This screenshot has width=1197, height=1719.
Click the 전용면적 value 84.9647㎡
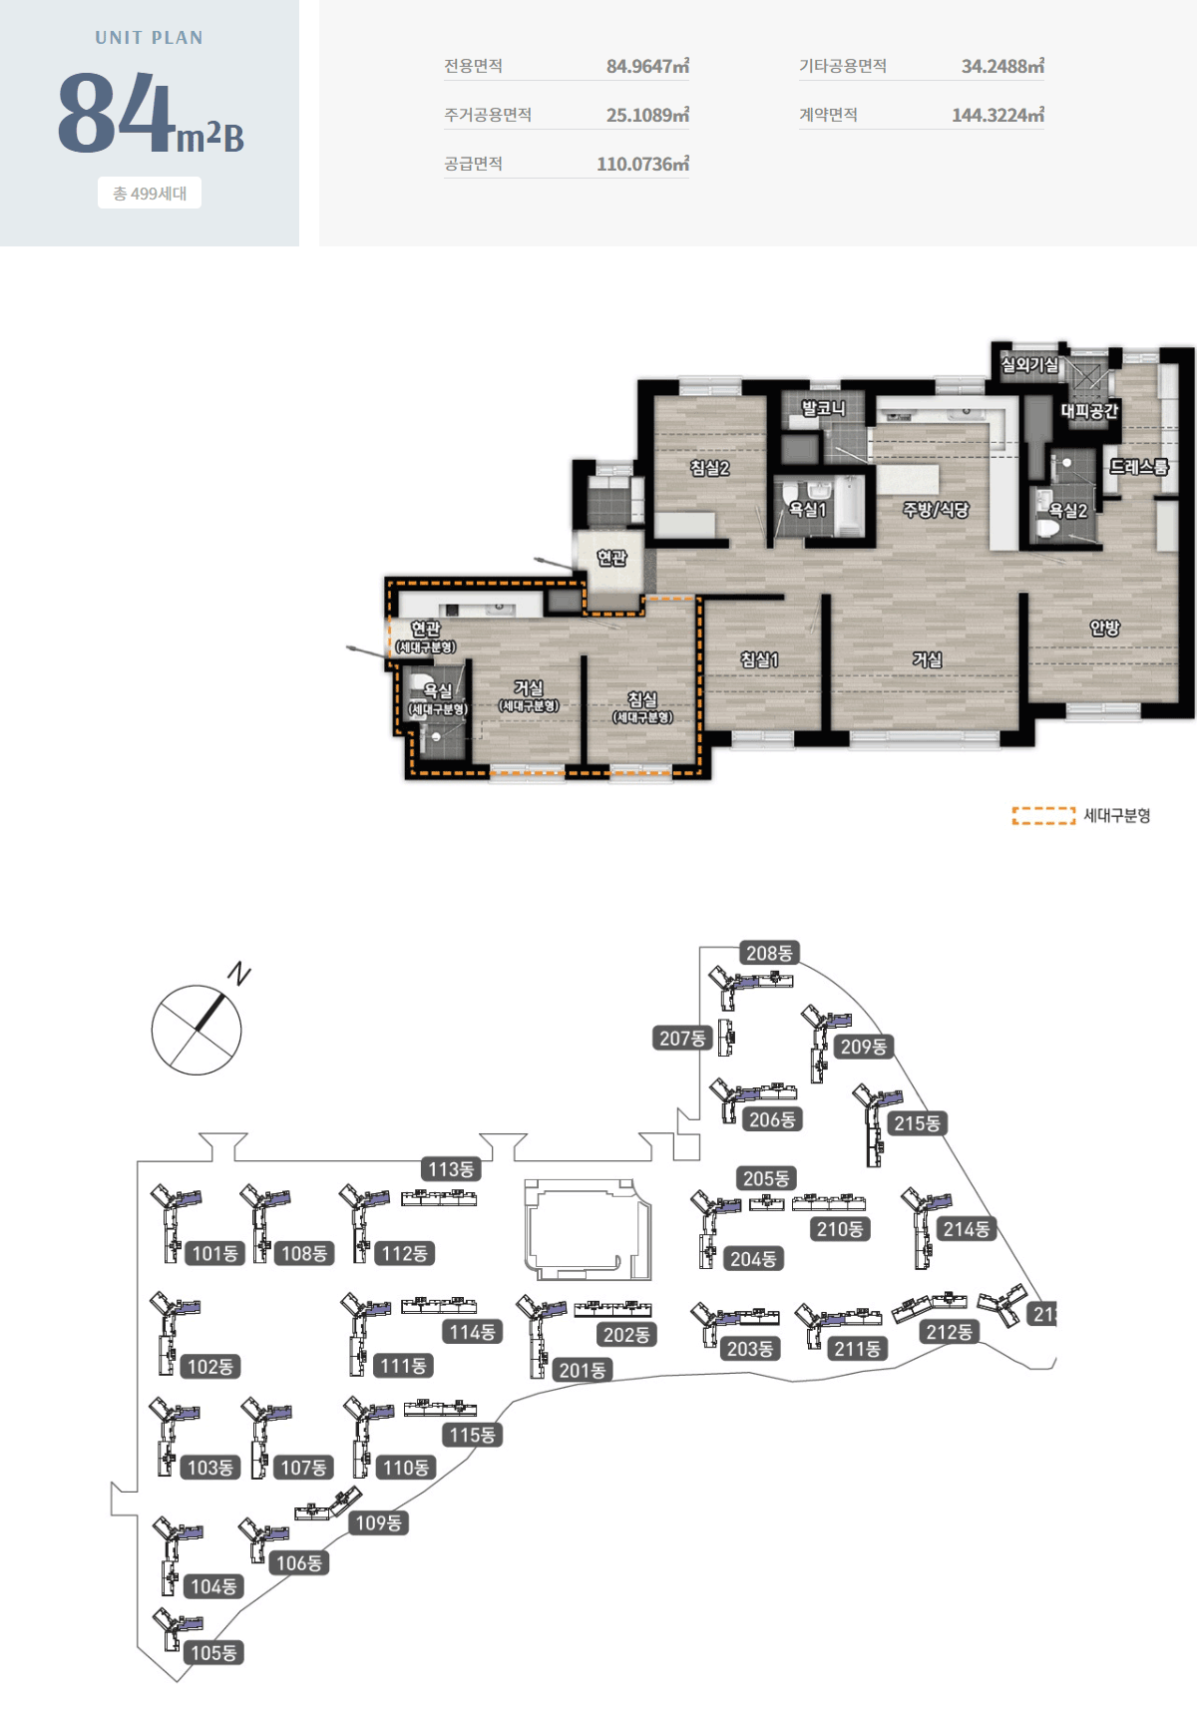pyautogui.click(x=647, y=67)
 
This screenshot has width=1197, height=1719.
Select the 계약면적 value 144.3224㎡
pyautogui.click(x=997, y=116)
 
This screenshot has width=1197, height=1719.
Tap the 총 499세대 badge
pyautogui.click(x=150, y=194)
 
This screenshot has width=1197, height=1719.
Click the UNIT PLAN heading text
pyautogui.click(x=150, y=38)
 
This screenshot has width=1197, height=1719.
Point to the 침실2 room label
pyautogui.click(x=709, y=468)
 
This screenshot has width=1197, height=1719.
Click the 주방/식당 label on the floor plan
pyautogui.click(x=936, y=510)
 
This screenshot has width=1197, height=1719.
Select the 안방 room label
pyautogui.click(x=1104, y=628)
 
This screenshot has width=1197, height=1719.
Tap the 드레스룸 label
pyautogui.click(x=1139, y=466)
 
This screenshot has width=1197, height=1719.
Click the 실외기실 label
pyautogui.click(x=1029, y=365)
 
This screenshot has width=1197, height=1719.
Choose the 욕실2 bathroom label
pyautogui.click(x=1067, y=511)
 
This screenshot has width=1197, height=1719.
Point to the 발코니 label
pyautogui.click(x=823, y=408)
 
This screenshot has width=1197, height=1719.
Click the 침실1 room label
pyautogui.click(x=759, y=659)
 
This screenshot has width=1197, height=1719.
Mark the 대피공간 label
pyautogui.click(x=1089, y=411)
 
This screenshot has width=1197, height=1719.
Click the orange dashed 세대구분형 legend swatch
pyautogui.click(x=1043, y=816)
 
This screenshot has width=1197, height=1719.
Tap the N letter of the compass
pyautogui.click(x=239, y=973)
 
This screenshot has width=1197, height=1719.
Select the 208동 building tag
pyautogui.click(x=769, y=954)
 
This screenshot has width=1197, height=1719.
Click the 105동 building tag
pyautogui.click(x=213, y=1653)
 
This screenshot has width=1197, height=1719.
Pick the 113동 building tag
pyautogui.click(x=451, y=1169)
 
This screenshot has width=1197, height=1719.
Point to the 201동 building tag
pyautogui.click(x=583, y=1371)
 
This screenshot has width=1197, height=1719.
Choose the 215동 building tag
pyautogui.click(x=917, y=1123)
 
